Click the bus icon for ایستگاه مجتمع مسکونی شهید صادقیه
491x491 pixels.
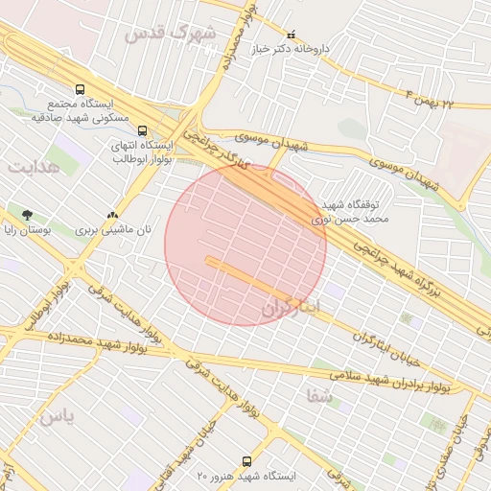[x=80, y=89]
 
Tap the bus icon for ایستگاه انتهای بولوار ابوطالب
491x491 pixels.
[x=142, y=131]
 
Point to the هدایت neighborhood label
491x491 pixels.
[x=34, y=167]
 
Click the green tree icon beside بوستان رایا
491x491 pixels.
[x=26, y=215]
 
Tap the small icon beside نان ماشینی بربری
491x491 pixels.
[x=113, y=216]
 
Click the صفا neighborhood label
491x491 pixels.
[x=320, y=395]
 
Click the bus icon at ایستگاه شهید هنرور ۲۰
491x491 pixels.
[x=247, y=461]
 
